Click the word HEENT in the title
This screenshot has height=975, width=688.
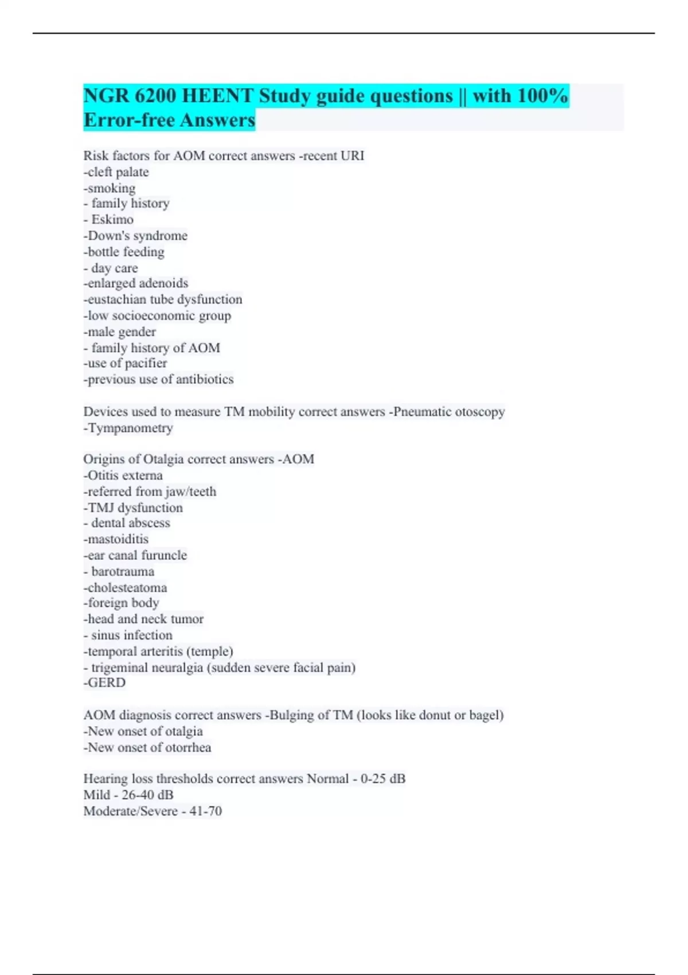click(x=218, y=96)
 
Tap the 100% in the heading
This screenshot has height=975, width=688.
click(x=542, y=96)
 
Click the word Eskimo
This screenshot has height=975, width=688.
click(x=112, y=220)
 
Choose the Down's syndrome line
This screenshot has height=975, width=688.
click(x=136, y=236)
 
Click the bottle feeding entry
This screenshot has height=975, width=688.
click(x=124, y=252)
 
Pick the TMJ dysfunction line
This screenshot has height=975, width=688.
click(x=134, y=508)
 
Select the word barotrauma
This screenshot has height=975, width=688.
click(x=123, y=571)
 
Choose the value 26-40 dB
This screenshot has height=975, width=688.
click(x=147, y=795)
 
